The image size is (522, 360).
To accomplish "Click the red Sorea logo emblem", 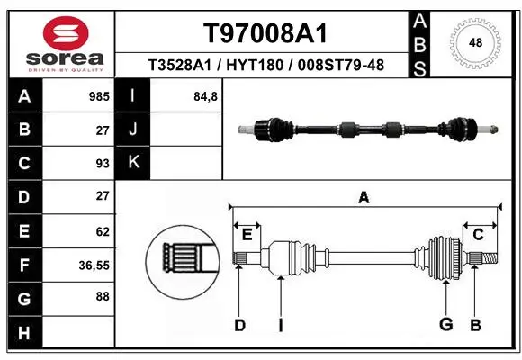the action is point(66,33).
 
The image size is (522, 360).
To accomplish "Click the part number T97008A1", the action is point(265,33).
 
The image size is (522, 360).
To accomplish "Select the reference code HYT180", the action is point(255,65).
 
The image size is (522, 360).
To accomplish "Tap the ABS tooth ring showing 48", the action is point(475,43).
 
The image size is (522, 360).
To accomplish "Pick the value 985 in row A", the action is point(99,96).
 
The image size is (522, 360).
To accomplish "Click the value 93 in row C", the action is point(103,164).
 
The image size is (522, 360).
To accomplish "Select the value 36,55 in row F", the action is point(94,265).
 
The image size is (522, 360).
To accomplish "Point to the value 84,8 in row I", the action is point(205,96).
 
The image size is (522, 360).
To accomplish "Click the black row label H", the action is point(25,333).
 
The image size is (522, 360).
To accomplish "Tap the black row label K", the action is point(133,163).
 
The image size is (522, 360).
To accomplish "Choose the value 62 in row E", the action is point(103,231).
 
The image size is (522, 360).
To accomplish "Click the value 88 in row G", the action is point(103,296).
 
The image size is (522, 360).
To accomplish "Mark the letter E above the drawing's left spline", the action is point(247,235).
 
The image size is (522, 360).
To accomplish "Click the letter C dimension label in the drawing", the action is point(478,235).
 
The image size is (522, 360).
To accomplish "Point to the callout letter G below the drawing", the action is point(446,324).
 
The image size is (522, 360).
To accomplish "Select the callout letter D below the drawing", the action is point(239,325).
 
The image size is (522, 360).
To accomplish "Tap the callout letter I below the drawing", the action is point(281,325).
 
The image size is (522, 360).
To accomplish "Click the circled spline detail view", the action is point(183,262).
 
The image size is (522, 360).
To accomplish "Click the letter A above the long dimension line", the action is point(364,197).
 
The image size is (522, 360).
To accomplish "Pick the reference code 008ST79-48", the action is point(341,65).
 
